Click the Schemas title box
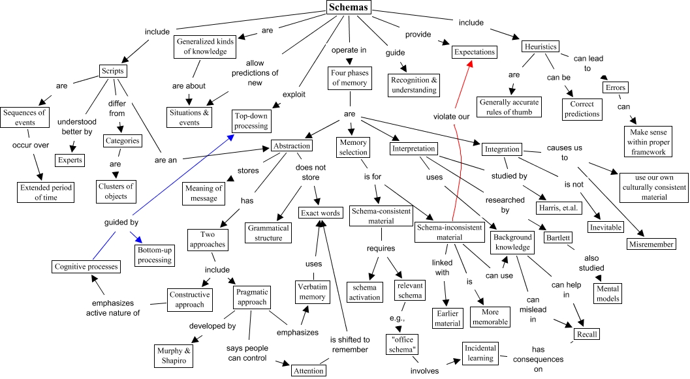click(x=349, y=8)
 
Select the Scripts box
click(x=113, y=70)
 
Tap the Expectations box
click(x=475, y=52)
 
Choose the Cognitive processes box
click(x=86, y=267)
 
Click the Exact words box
click(x=320, y=213)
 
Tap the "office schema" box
click(x=401, y=344)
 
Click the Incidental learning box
click(x=480, y=352)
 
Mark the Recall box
click(x=586, y=335)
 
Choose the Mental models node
click(x=608, y=292)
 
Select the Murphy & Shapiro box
click(x=174, y=356)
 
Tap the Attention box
click(x=308, y=370)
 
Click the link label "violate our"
click(x=452, y=117)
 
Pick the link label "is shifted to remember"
click(x=349, y=344)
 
